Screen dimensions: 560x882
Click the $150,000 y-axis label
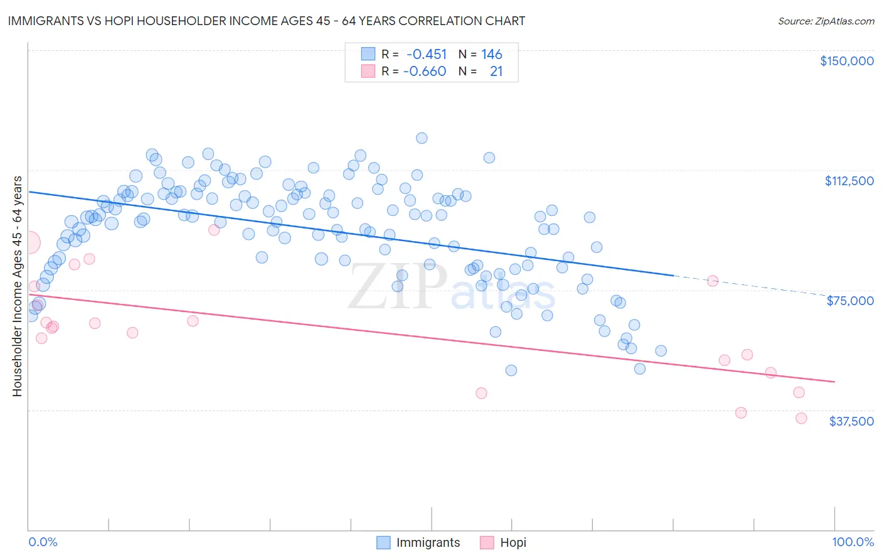click(x=847, y=61)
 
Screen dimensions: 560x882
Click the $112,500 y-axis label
click(x=849, y=181)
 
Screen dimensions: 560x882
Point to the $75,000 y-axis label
click(x=850, y=301)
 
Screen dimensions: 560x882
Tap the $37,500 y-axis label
click(x=851, y=421)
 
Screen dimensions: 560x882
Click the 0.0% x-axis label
click(x=43, y=542)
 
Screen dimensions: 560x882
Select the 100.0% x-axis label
click(x=853, y=542)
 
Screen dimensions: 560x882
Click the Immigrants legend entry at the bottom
click(x=428, y=542)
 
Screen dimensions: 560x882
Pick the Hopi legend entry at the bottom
click(x=513, y=542)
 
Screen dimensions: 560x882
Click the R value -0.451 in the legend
click(x=427, y=54)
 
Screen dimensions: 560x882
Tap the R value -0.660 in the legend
click(x=425, y=71)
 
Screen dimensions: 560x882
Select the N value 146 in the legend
click(x=492, y=54)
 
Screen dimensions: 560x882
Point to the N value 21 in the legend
click(x=496, y=71)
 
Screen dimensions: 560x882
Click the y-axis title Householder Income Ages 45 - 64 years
click(x=17, y=286)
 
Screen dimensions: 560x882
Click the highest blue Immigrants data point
click(x=422, y=138)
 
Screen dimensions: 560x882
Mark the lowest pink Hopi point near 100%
click(x=801, y=418)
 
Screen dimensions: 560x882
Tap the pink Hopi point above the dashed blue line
click(x=713, y=281)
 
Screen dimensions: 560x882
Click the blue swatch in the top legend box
click(x=368, y=54)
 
